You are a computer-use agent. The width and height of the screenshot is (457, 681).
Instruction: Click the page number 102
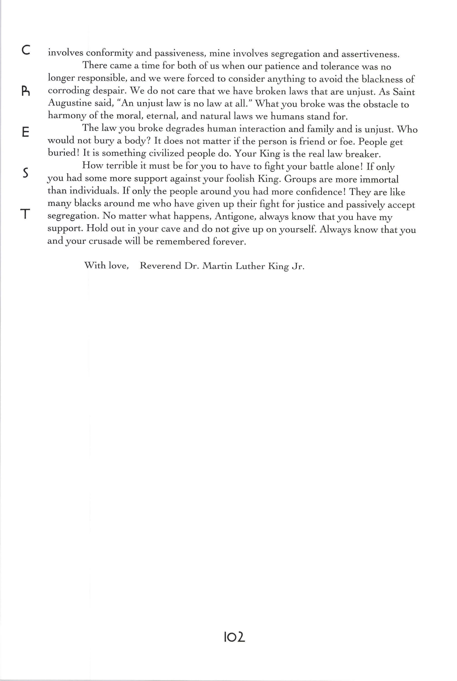point(234,637)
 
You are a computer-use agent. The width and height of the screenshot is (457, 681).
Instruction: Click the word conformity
point(109,53)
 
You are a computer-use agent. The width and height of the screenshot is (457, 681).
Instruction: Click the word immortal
point(379,179)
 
